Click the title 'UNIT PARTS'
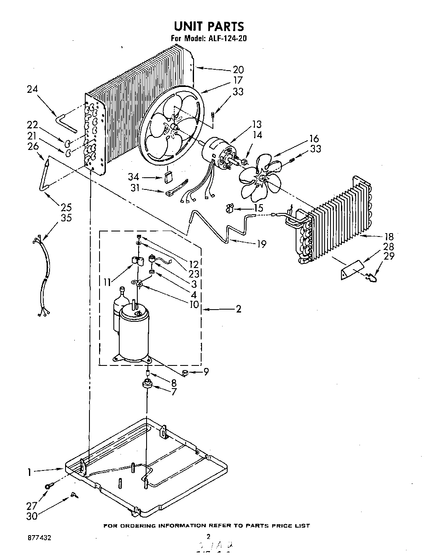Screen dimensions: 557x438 coord(209,26)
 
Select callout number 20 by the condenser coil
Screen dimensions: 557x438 coord(238,70)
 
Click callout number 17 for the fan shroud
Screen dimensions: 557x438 coord(238,80)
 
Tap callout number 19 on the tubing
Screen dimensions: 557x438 coord(261,244)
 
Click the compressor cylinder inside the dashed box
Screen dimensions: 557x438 coord(134,332)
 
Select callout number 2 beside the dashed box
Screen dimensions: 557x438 coord(238,309)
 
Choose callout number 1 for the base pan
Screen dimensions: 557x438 coord(29,472)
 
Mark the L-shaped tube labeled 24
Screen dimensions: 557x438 coord(66,123)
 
